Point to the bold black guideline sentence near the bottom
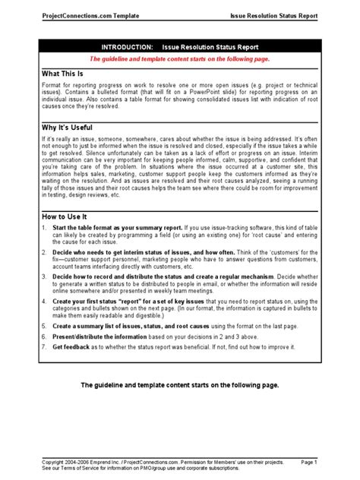(x=180, y=386)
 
